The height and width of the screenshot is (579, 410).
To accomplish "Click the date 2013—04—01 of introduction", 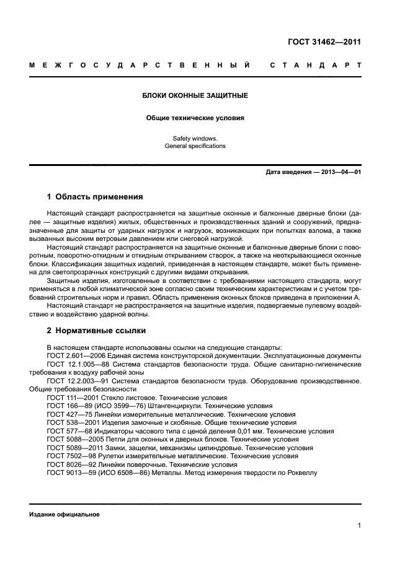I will tap(341, 172).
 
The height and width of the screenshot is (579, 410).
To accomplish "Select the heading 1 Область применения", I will tap(95, 197).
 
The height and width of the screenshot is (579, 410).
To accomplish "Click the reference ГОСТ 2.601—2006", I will tap(73, 355).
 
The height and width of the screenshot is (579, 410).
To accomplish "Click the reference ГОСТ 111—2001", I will tap(70, 398).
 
